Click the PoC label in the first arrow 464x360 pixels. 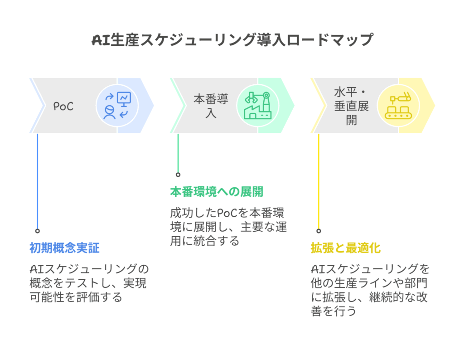[63, 107]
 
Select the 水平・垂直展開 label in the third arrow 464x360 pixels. [351, 106]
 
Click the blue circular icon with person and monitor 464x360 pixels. [117, 106]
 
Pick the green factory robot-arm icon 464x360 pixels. [257, 106]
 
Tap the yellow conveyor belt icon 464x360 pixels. [398, 106]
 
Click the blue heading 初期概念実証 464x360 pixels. [64, 248]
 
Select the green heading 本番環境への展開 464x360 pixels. [216, 192]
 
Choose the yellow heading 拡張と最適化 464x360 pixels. [345, 248]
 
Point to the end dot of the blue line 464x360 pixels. [38, 231]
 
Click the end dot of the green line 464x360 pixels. [178, 175]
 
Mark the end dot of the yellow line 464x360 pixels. [319, 231]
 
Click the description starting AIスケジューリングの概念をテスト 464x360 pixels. [88, 283]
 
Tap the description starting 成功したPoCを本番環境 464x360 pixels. [229, 227]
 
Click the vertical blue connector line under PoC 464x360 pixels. [38, 181]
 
